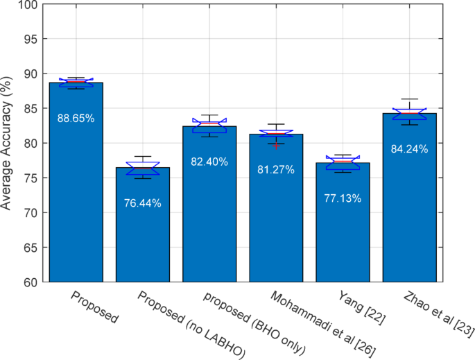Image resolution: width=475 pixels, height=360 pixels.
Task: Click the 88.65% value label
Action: point(76,119)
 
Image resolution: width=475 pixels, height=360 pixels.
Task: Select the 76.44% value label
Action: point(142,203)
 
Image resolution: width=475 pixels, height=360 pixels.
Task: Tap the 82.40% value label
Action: point(209,162)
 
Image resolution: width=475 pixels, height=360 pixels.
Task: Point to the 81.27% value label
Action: point(275,169)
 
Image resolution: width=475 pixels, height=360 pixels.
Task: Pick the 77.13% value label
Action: point(343,198)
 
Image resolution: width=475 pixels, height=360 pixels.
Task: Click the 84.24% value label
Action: point(409,149)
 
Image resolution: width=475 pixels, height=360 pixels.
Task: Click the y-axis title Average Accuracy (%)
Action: point(9,144)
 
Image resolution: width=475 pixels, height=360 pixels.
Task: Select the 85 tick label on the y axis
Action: point(30,109)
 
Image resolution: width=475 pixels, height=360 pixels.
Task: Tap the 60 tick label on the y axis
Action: point(30,282)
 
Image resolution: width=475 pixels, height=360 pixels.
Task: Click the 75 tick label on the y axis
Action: point(30,178)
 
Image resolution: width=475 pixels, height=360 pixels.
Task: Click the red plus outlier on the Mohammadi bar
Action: point(275,146)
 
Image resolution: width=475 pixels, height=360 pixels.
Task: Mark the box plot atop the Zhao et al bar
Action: point(409,113)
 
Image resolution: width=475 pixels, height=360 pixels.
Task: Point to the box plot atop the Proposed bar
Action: point(76,83)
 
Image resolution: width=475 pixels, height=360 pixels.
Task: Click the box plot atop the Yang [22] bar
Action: point(343,163)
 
